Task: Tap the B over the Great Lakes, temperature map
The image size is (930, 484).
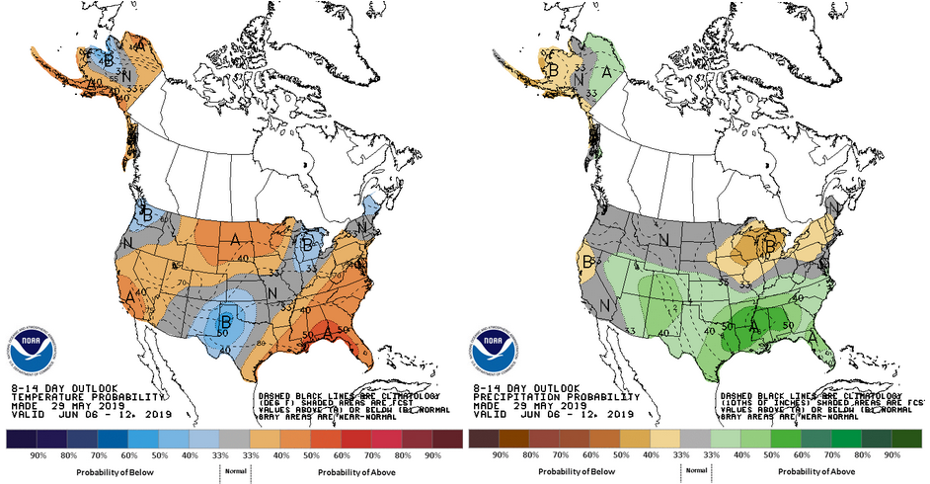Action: pyautogui.click(x=307, y=241)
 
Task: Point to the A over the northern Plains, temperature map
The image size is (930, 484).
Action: pyautogui.click(x=235, y=238)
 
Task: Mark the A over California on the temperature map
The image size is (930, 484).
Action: pyautogui.click(x=129, y=293)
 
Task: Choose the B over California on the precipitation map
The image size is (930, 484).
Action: pyautogui.click(x=588, y=263)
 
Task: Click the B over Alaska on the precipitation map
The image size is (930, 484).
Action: pyautogui.click(x=554, y=70)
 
